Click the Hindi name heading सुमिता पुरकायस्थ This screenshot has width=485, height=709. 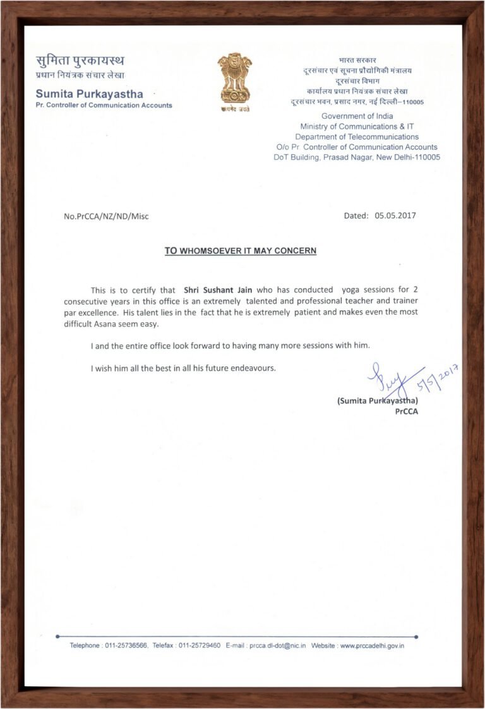coord(80,61)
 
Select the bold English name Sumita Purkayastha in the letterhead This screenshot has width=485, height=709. coord(89,94)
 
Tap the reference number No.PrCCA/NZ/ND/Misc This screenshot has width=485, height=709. coord(106,216)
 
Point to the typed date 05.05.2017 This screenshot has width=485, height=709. coord(395,215)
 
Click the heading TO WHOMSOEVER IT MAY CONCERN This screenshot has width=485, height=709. coord(241,251)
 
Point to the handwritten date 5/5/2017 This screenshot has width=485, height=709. coord(437,380)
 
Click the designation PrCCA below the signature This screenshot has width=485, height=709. coord(406,411)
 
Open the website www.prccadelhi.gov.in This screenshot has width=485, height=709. coord(373,645)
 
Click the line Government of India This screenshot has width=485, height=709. coord(357,116)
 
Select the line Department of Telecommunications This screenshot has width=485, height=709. coord(357,136)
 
